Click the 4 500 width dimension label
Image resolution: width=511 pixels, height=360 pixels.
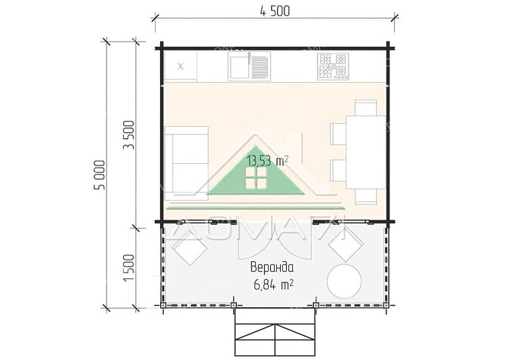275,11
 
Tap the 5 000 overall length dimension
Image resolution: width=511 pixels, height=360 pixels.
100,174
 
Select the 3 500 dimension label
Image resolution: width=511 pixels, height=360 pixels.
129,135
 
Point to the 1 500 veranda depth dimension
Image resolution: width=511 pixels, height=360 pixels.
129,268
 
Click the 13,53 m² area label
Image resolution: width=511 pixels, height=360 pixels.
267,161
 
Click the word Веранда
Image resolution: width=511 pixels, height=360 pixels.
272,267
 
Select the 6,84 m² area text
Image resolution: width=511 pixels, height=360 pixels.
273,285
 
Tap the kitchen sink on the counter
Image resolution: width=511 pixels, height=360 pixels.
249,66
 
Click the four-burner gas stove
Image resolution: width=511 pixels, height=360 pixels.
333,66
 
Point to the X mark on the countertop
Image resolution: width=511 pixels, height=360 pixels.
180,66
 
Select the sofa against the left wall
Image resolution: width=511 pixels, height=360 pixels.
186,163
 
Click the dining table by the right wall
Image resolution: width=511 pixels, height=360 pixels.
365,152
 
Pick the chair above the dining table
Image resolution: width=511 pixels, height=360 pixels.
365,107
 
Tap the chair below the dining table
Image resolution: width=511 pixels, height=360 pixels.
365,197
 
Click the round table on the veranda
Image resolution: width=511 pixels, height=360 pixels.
344,282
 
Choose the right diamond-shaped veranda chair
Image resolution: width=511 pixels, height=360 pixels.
346,245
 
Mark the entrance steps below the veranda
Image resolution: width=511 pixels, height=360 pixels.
275,331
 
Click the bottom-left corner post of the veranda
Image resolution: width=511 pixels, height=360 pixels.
163,305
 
